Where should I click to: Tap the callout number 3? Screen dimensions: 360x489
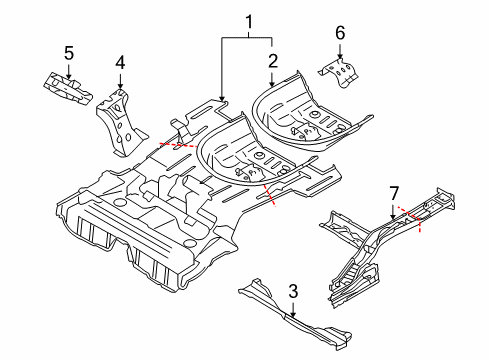[x=292, y=291]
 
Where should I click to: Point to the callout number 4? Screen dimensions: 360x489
[x=120, y=62]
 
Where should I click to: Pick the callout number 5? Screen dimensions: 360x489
[x=69, y=52]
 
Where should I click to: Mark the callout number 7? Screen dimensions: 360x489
[x=393, y=191]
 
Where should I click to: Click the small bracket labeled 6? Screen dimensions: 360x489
[x=340, y=70]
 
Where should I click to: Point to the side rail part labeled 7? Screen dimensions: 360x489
[x=370, y=250]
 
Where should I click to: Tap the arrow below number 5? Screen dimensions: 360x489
[x=69, y=68]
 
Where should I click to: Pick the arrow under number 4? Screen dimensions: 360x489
[x=120, y=80]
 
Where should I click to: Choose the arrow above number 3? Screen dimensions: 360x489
[x=292, y=308]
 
